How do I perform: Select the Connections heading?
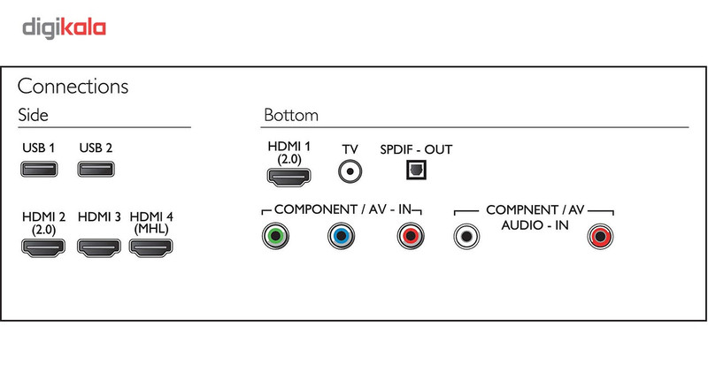[73, 87]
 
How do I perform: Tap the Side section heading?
[33, 116]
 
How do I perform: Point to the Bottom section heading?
[290, 116]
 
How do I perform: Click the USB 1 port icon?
[38, 167]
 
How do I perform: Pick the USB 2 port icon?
[96, 167]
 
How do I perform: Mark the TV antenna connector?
[350, 171]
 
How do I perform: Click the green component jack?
[275, 236]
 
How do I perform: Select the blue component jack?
[340, 236]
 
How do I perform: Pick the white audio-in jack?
[466, 236]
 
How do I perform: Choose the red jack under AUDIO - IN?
[602, 236]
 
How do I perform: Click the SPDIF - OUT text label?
[415, 149]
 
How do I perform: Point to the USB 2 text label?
[96, 147]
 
